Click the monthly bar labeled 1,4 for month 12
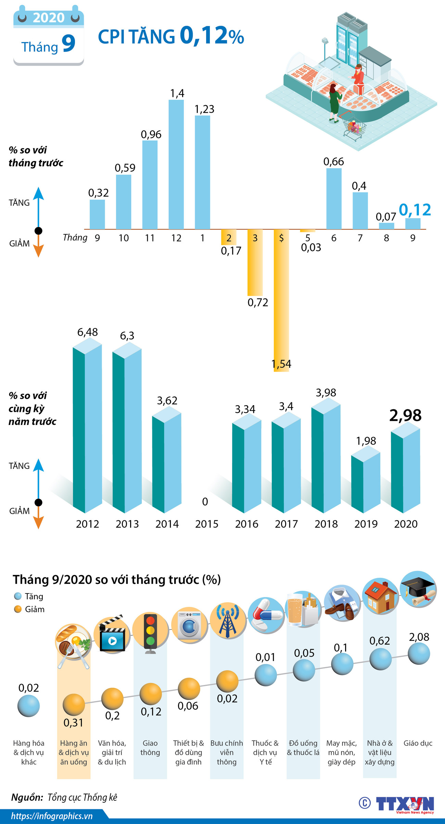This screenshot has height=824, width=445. click(176, 164)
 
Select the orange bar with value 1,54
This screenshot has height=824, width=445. click(281, 301)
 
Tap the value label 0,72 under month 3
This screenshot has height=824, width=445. click(257, 302)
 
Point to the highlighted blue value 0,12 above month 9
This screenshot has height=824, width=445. click(415, 210)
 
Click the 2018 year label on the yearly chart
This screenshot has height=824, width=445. click(326, 524)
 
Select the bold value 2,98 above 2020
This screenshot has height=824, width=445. click(405, 415)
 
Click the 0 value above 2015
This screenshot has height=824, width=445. click(205, 502)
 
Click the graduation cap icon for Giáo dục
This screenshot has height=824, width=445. click(418, 589)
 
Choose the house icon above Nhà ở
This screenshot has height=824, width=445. click(380, 597)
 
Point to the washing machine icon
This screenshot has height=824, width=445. click(189, 625)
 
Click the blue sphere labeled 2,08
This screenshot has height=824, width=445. click(419, 653)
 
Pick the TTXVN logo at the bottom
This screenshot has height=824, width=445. click(405, 803)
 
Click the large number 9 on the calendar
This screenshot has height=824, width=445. click(68, 44)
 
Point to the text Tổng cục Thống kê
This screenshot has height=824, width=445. click(82, 797)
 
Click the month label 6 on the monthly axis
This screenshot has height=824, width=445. click(334, 238)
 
